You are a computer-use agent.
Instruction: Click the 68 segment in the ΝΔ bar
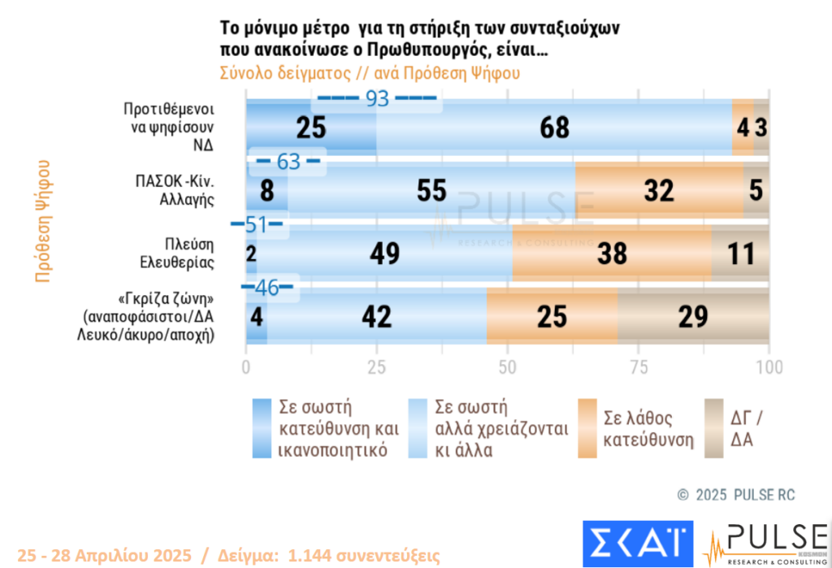554,128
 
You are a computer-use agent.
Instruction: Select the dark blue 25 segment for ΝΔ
310,128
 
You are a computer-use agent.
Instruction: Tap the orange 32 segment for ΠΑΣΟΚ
659,190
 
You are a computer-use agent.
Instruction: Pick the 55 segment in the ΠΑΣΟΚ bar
431,190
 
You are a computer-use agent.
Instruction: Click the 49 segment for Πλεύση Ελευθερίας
384,254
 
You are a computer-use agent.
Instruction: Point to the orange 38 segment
612,254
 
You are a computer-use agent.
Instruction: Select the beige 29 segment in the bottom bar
693,316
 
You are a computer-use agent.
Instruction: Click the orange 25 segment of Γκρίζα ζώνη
552,316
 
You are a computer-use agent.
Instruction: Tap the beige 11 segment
740,254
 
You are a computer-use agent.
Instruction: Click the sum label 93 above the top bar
378,98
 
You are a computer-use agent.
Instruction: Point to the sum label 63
288,162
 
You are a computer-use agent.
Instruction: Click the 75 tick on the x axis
639,366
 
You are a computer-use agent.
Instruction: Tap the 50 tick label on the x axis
507,366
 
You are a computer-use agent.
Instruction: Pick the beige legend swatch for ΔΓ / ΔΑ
713,427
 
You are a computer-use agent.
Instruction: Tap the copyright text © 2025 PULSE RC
736,495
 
